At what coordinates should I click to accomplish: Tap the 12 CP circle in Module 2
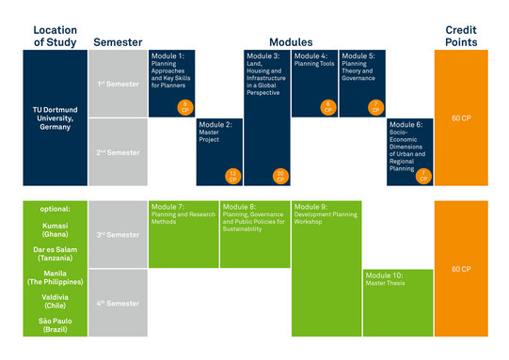coord(231,175)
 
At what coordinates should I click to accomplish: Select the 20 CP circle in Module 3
coord(279,175)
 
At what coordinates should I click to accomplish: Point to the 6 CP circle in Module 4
coord(326,106)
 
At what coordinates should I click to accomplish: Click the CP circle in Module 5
coord(374,106)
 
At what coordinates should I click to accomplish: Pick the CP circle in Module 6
coord(422,175)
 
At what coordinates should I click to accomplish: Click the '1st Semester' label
coord(118,85)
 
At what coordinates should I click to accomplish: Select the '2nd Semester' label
coord(118,151)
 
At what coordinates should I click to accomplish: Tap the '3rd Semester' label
coord(118,235)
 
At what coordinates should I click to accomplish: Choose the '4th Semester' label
coord(118,303)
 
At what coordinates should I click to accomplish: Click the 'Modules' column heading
coord(290,42)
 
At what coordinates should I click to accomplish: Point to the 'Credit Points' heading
coord(461,36)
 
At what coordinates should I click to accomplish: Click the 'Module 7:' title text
coord(167,206)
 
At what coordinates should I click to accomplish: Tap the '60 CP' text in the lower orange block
coord(461,269)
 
